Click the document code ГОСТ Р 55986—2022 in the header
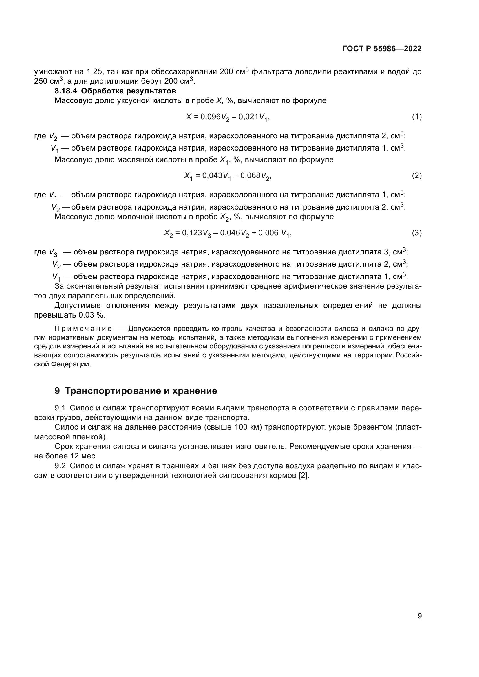coord(382,49)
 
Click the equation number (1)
coord(416,117)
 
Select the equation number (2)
coord(416,176)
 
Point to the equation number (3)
coord(416,233)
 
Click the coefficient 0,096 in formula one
coord(211,117)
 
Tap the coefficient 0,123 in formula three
coord(192,233)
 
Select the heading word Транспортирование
coord(113,391)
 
